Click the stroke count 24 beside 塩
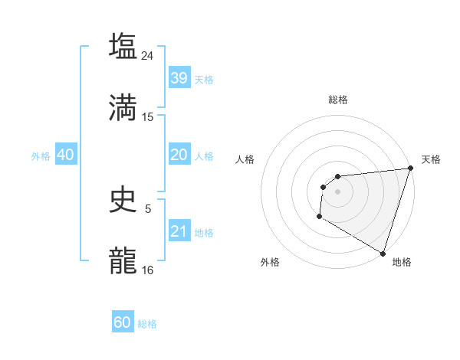(x=148, y=55)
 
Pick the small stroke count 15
(x=148, y=116)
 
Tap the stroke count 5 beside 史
(x=148, y=208)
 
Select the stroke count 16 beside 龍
(x=148, y=270)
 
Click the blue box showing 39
(x=179, y=78)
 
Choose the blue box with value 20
(x=179, y=155)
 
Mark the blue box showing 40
(x=65, y=155)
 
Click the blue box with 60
(x=123, y=322)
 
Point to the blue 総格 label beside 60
(x=147, y=324)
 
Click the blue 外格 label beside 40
(x=41, y=156)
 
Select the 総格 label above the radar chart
(x=337, y=100)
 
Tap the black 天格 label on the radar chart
(x=431, y=159)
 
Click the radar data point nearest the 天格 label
(x=409, y=169)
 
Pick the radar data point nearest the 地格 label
(x=383, y=253)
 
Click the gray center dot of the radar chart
(x=337, y=191)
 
